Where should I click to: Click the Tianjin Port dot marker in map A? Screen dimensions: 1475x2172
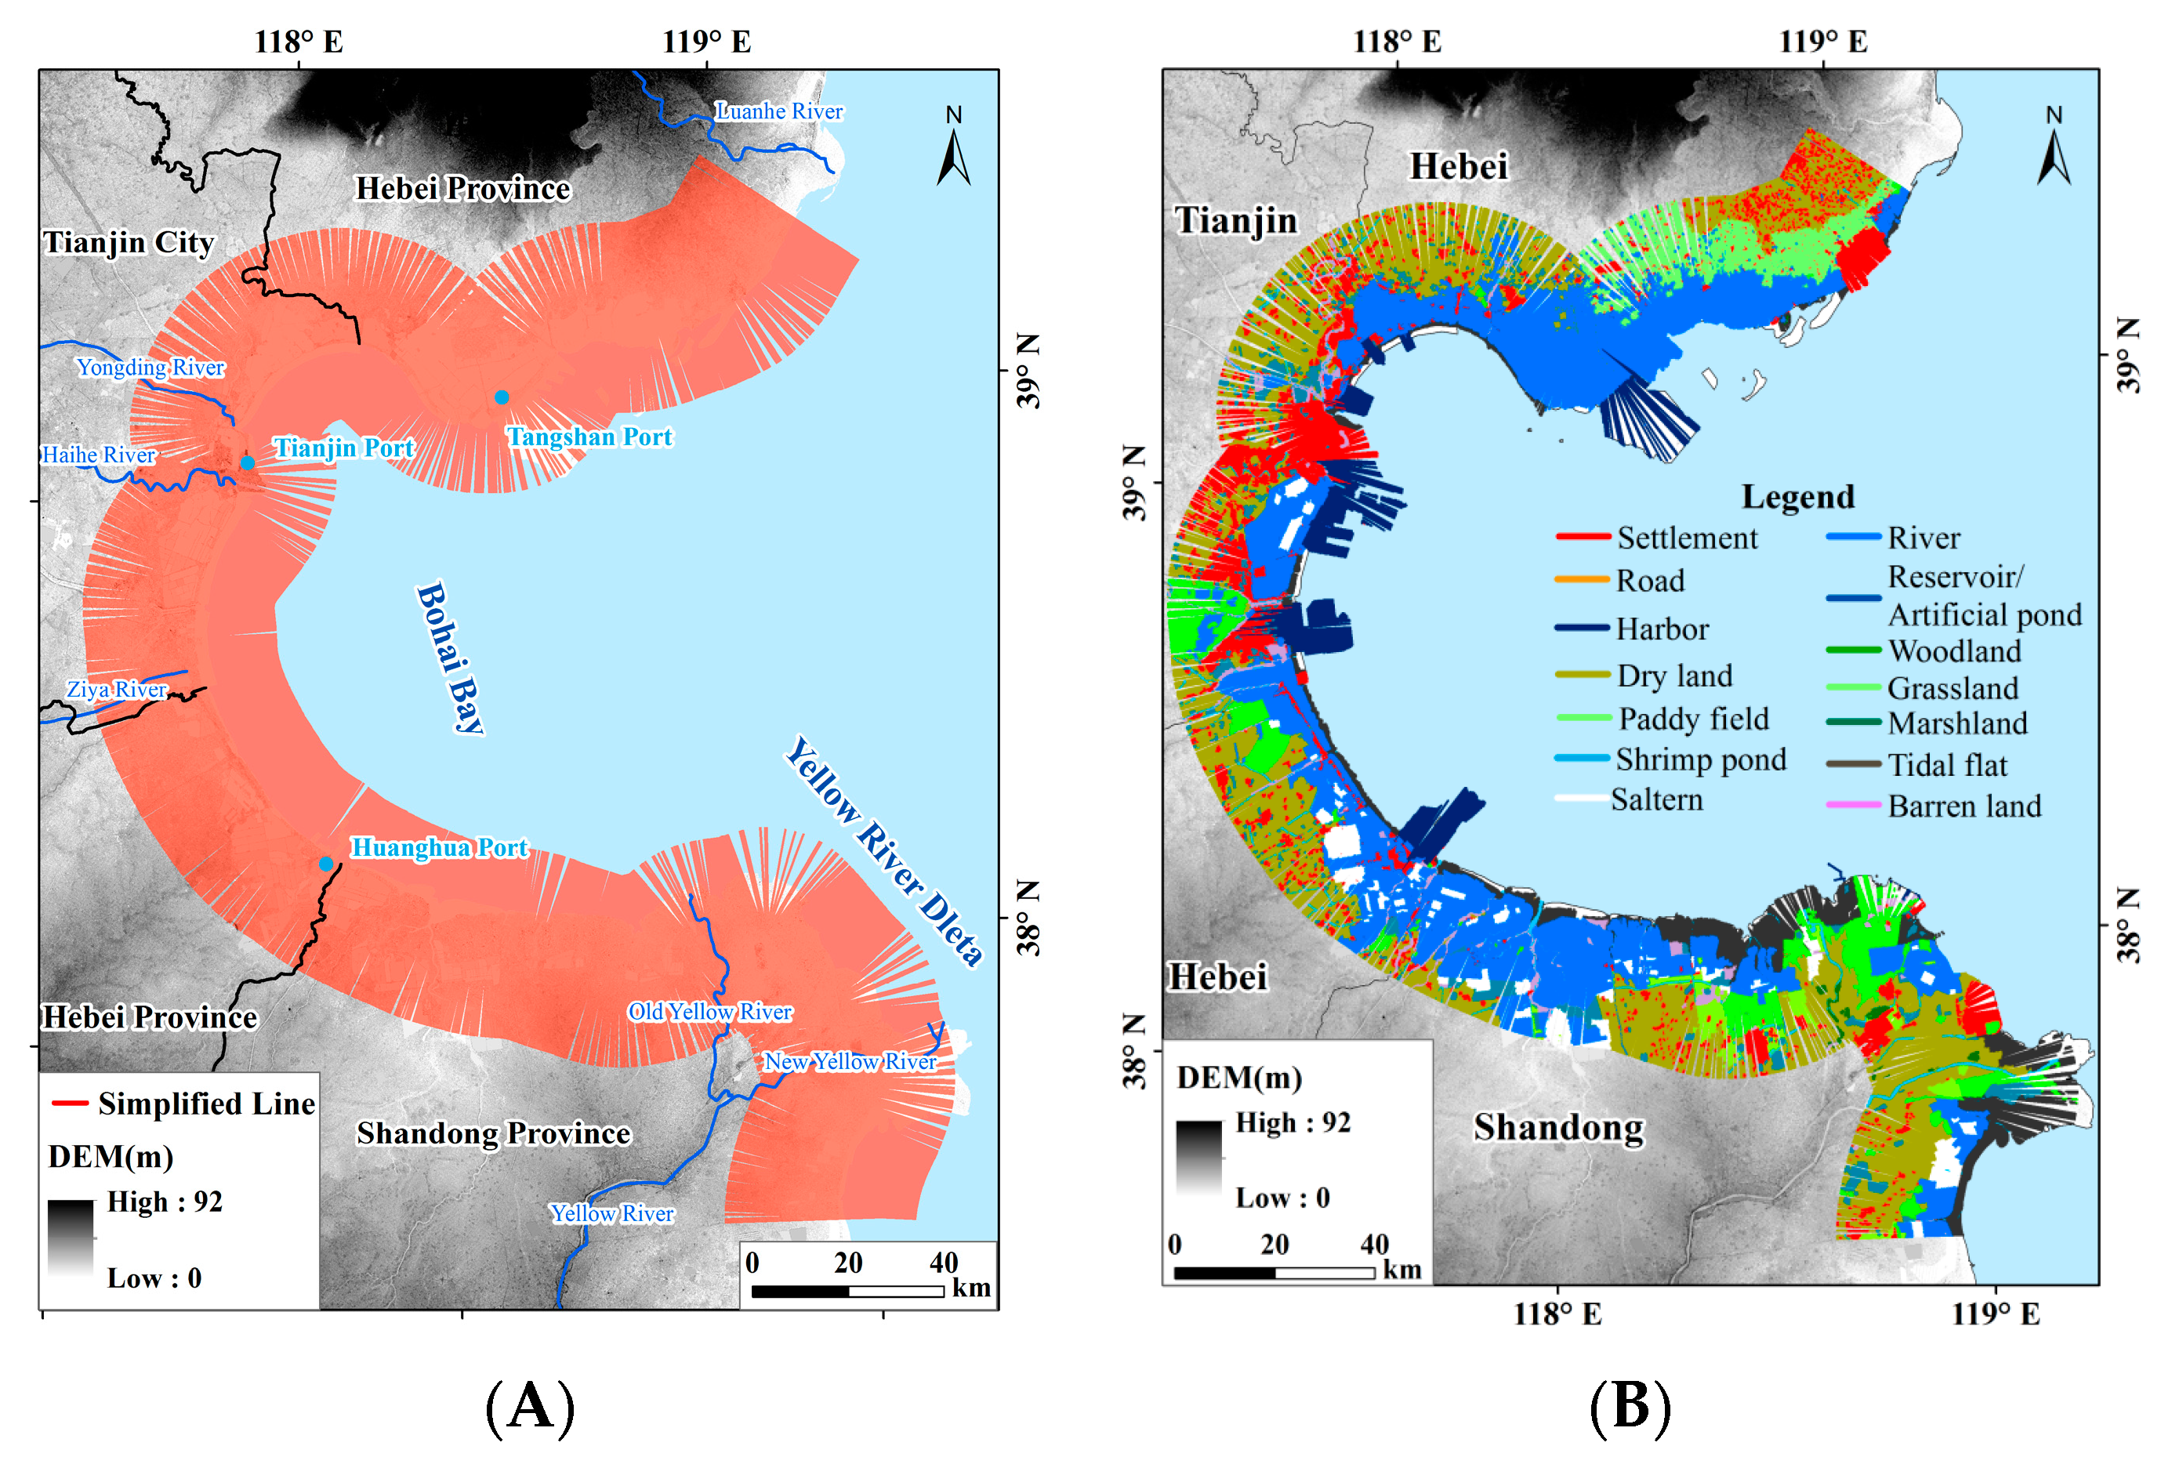tap(248, 462)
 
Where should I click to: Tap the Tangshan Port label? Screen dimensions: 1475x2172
tap(589, 437)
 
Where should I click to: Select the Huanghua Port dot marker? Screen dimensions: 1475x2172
tap(325, 864)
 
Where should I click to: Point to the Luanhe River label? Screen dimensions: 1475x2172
tap(778, 111)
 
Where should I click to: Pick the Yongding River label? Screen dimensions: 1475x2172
tap(150, 368)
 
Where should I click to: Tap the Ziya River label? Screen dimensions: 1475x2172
tap(117, 690)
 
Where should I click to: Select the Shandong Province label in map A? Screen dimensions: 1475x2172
tap(494, 1134)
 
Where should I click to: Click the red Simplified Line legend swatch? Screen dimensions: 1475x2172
tap(70, 1104)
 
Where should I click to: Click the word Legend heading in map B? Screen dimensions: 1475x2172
tap(1797, 496)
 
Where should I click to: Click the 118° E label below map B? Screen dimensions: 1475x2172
tap(1557, 1314)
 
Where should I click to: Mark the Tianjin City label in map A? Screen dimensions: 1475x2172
tap(128, 242)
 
